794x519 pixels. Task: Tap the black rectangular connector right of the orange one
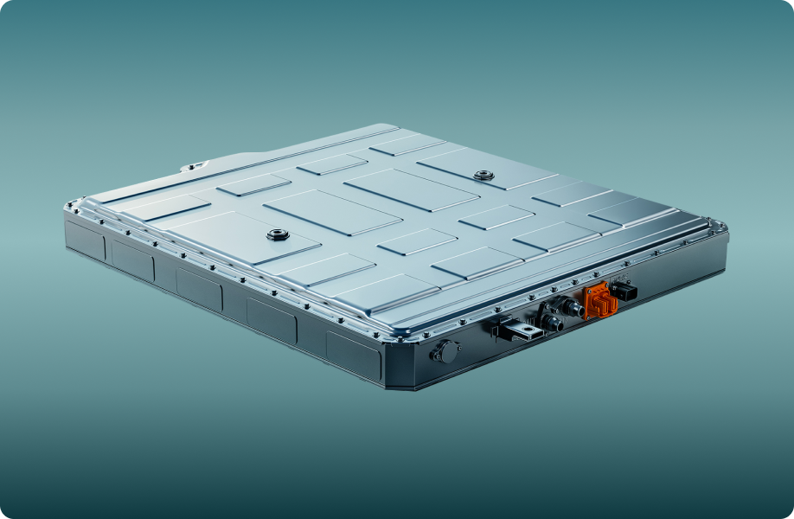[x=624, y=292]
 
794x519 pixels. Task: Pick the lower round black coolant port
[x=550, y=323]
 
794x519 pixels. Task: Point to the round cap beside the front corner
[x=445, y=352]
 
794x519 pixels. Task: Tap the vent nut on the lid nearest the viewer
[x=278, y=235]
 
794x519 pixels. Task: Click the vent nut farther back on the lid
[x=483, y=176]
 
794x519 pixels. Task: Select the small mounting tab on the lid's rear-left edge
[x=191, y=167]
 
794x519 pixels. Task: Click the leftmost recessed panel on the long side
[x=85, y=240]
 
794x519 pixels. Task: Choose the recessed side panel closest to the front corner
[x=353, y=353]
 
